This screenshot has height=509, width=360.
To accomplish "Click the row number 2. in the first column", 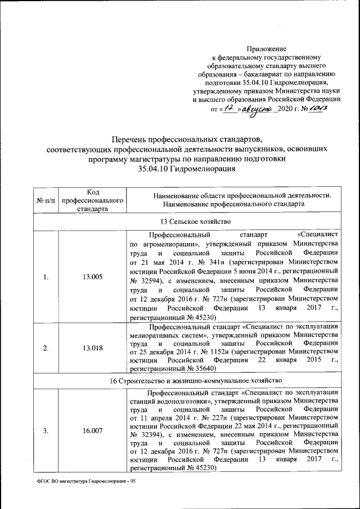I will click(x=46, y=348).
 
